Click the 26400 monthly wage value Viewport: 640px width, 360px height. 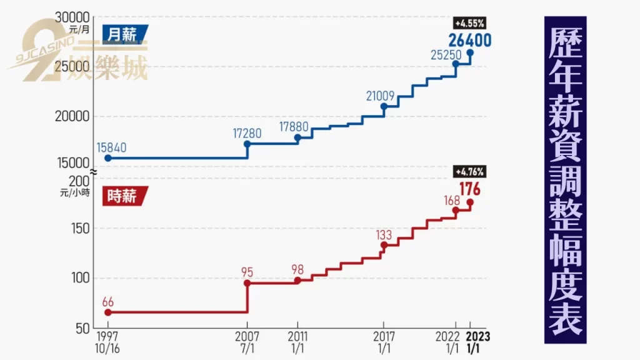pyautogui.click(x=469, y=40)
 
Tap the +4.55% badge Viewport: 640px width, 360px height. pyautogui.click(x=469, y=24)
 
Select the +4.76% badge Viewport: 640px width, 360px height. pyautogui.click(x=469, y=171)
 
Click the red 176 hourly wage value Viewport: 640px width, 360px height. pyautogui.click(x=469, y=187)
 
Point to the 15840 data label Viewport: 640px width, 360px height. pyautogui.click(x=112, y=147)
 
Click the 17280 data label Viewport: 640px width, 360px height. pyautogui.click(x=247, y=133)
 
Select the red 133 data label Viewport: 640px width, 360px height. pyautogui.click(x=384, y=235)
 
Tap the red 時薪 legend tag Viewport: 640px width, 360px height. pyautogui.click(x=124, y=196)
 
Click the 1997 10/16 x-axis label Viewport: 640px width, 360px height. pyautogui.click(x=107, y=342)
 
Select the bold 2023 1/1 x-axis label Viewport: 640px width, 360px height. pyautogui.click(x=478, y=342)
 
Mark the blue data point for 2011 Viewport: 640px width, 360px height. pyautogui.click(x=297, y=137)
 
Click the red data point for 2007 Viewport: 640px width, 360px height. pyautogui.click(x=247, y=283)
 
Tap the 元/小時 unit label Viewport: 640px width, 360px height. pyautogui.click(x=73, y=193)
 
